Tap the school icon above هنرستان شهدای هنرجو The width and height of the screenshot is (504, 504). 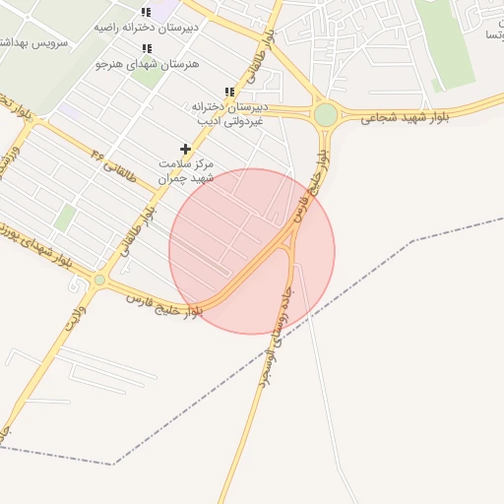pyautogui.click(x=147, y=48)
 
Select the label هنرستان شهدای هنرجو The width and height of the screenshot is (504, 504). pyautogui.click(x=148, y=64)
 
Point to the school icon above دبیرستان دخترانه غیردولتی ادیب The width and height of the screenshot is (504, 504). pyautogui.click(x=229, y=92)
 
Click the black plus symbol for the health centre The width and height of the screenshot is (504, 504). pyautogui.click(x=185, y=149)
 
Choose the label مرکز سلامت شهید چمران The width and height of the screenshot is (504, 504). pyautogui.click(x=186, y=170)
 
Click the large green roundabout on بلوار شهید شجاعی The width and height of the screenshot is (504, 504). pyautogui.click(x=326, y=115)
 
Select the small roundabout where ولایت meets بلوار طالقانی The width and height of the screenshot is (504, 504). pyautogui.click(x=99, y=281)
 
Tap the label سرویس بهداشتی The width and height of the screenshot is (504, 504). pyautogui.click(x=33, y=44)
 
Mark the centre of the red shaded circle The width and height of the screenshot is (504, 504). pyautogui.click(x=252, y=251)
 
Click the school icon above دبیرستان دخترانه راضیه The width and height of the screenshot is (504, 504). pyautogui.click(x=146, y=12)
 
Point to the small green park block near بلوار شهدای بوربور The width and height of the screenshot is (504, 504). pyautogui.click(x=64, y=218)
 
